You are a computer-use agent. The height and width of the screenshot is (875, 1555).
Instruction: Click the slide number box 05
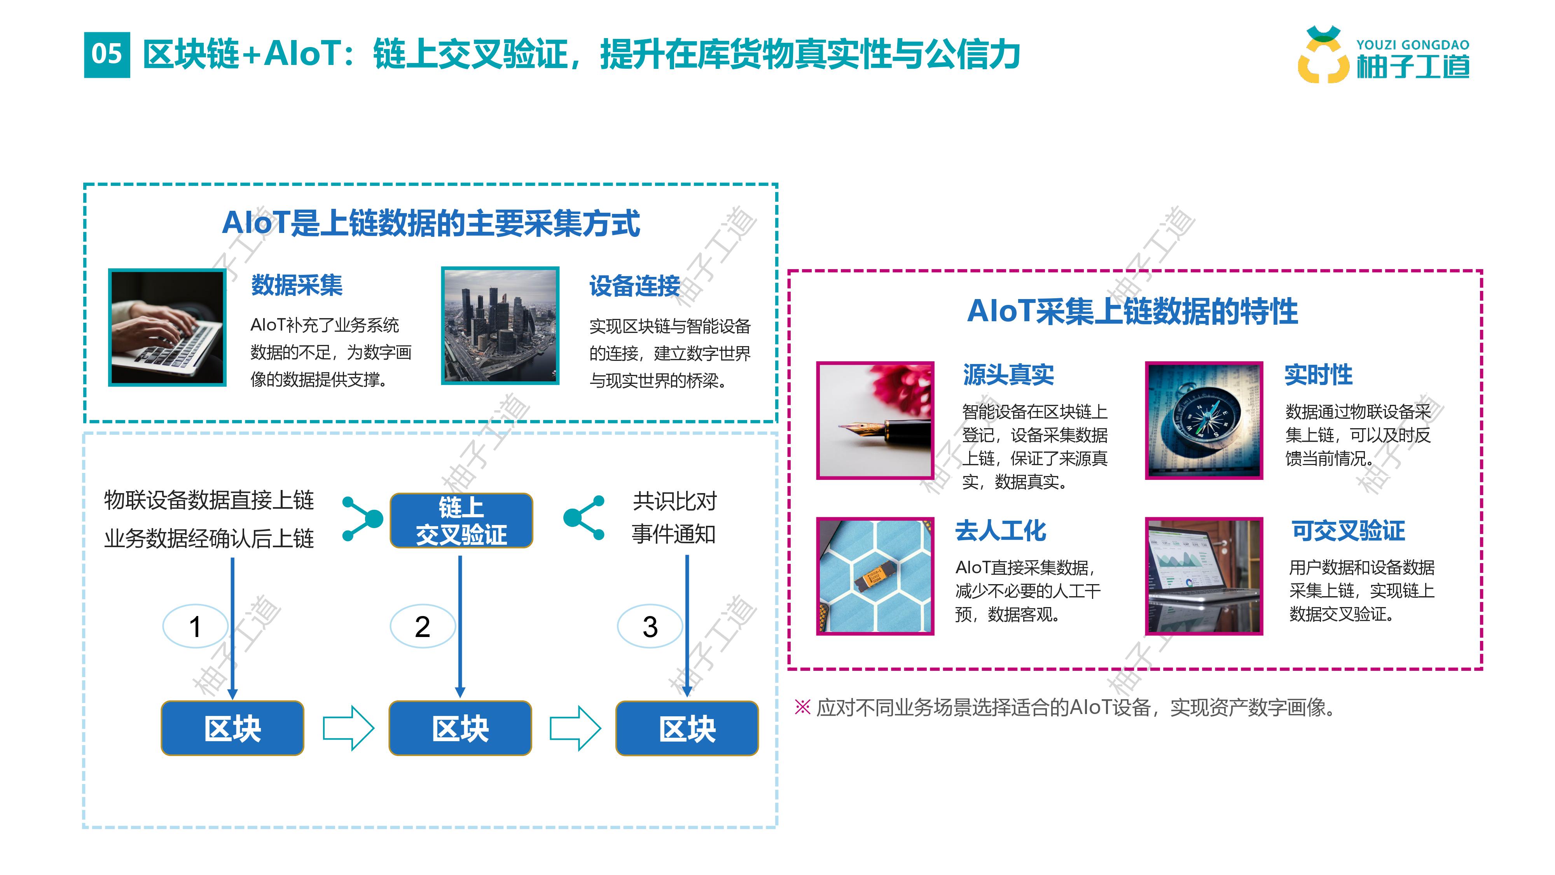point(107,54)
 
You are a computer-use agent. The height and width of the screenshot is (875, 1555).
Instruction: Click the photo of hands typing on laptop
point(167,327)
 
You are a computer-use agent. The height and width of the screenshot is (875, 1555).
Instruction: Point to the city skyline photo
point(500,325)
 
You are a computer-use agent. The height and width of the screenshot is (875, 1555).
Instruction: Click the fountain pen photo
point(875,420)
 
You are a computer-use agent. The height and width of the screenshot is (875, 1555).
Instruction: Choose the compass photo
point(1204,420)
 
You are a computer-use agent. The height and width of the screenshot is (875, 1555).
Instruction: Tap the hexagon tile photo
point(875,576)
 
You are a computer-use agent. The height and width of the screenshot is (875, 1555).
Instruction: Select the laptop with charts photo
point(1204,576)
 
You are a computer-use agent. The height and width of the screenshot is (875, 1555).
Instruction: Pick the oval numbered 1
point(195,626)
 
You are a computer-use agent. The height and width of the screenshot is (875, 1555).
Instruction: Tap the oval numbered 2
point(423,626)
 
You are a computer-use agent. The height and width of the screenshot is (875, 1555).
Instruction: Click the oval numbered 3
point(650,626)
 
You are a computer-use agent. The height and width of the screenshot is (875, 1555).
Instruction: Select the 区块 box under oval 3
point(687,728)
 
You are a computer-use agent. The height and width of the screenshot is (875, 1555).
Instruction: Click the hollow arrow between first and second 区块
point(348,728)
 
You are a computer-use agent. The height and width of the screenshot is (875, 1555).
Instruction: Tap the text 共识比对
point(674,500)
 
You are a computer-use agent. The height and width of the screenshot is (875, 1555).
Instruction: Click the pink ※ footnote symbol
point(802,707)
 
